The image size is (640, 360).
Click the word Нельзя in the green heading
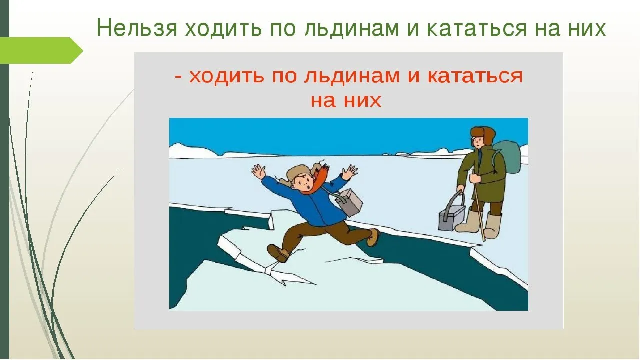point(137,29)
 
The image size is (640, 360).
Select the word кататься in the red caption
point(475,76)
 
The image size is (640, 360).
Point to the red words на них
point(346,100)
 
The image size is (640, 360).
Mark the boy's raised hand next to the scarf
point(349,172)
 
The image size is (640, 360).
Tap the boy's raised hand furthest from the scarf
point(259,171)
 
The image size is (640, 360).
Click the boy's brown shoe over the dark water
point(373,237)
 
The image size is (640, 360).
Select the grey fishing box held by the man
point(451,213)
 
